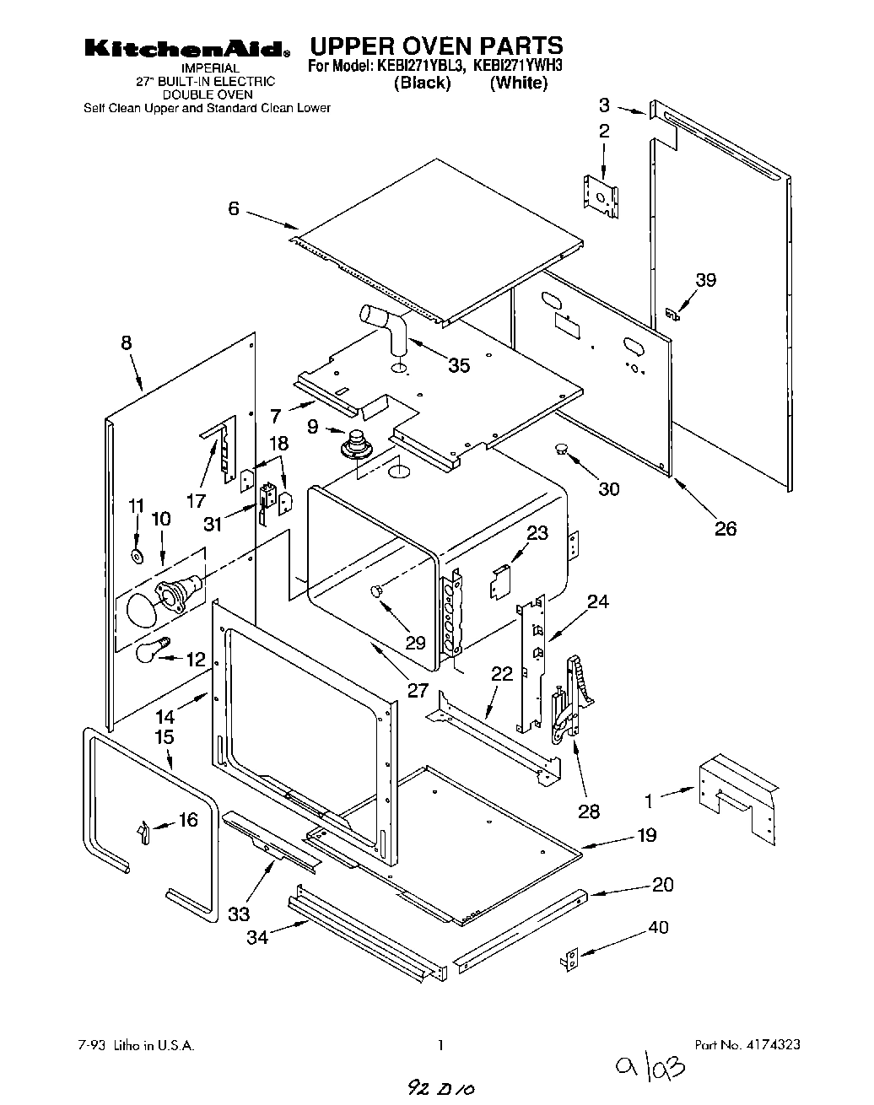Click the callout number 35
click(459, 365)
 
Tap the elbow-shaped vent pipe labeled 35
click(386, 329)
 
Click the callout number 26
click(726, 529)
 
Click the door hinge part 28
click(570, 700)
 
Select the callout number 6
click(234, 208)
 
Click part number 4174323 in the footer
click(747, 1044)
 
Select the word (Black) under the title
click(422, 83)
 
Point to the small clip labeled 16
click(143, 831)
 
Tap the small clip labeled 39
click(672, 314)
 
